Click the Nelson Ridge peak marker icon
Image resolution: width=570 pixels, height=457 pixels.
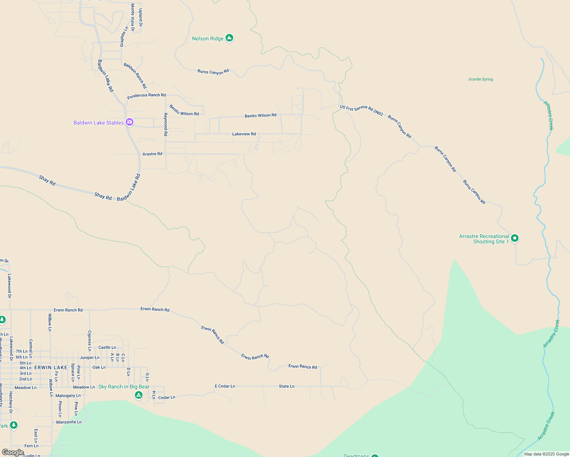pyautogui.click(x=229, y=38)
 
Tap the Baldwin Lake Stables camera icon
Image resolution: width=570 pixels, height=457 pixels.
pyautogui.click(x=130, y=122)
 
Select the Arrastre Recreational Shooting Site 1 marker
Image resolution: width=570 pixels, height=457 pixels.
pyautogui.click(x=515, y=238)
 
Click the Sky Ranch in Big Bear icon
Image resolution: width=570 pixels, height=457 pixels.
pyautogui.click(x=139, y=395)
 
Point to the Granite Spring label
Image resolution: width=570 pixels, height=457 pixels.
pyautogui.click(x=480, y=79)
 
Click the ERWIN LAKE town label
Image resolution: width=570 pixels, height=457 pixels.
pyautogui.click(x=51, y=368)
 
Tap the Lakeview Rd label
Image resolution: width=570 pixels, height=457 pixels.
pyautogui.click(x=244, y=134)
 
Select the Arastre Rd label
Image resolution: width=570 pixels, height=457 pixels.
pyautogui.click(x=152, y=154)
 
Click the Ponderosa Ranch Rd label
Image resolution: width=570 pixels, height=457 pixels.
pyautogui.click(x=146, y=96)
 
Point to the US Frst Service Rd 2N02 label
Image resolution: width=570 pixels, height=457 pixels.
pyautogui.click(x=361, y=110)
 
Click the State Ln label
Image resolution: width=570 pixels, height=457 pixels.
pyautogui.click(x=287, y=386)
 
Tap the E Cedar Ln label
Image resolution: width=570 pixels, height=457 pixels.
pyautogui.click(x=225, y=386)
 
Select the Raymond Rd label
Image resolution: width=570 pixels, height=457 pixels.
pyautogui.click(x=165, y=125)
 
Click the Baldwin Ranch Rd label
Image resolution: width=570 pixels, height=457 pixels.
pyautogui.click(x=135, y=75)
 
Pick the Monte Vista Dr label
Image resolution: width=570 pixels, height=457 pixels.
pyautogui.click(x=133, y=17)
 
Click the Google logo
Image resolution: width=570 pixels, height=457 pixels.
pyautogui.click(x=13, y=452)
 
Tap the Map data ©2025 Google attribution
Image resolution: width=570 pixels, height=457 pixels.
pyautogui.click(x=546, y=454)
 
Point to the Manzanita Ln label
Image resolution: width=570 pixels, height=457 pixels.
pyautogui.click(x=69, y=422)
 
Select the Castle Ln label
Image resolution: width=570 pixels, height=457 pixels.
pyautogui.click(x=107, y=347)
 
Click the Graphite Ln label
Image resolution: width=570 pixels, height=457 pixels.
pyautogui.click(x=124, y=37)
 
